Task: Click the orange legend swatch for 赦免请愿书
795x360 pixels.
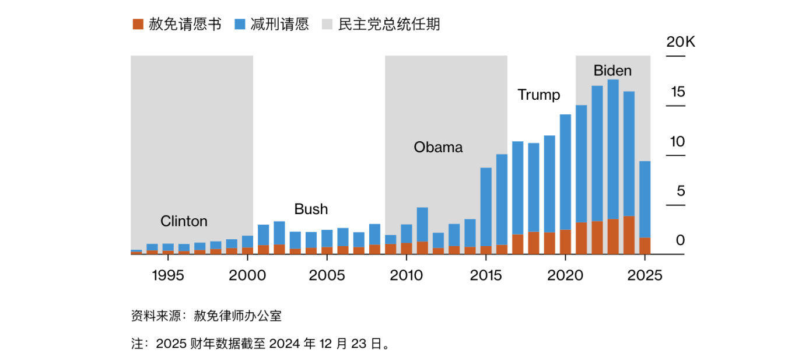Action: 138,25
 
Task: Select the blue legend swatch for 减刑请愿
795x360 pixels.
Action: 240,25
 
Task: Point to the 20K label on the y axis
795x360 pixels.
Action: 681,43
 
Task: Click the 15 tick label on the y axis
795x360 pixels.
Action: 678,92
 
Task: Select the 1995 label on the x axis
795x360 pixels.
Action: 168,275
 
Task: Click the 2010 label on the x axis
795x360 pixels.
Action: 407,275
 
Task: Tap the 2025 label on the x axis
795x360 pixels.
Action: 645,275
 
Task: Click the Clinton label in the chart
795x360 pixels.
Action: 184,222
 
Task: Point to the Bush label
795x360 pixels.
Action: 311,209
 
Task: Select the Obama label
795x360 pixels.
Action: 438,148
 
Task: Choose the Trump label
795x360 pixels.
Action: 538,95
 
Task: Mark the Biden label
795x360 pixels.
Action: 612,71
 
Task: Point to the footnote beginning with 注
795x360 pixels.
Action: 260,344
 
